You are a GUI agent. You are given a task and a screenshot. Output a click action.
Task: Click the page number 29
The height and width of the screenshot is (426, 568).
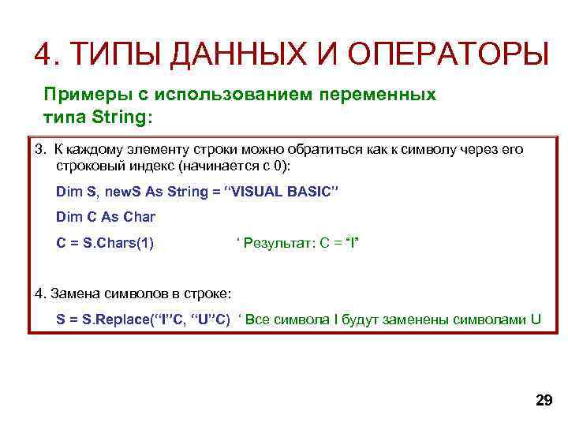coord(544,401)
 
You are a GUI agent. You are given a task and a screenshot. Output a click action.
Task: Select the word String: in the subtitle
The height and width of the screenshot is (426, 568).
coord(120,118)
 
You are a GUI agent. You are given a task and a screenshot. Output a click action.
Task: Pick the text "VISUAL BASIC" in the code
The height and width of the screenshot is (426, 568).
coord(282,192)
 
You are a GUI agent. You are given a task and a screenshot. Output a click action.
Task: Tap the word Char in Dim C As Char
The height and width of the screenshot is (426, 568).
coord(139,217)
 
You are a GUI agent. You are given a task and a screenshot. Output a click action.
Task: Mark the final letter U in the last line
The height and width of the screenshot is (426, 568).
coord(536,319)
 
